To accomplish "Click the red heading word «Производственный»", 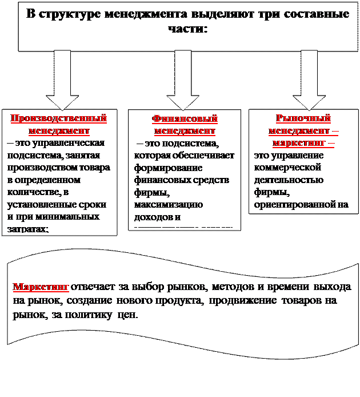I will (x=59, y=118).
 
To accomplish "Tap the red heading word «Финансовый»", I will (x=185, y=118).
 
